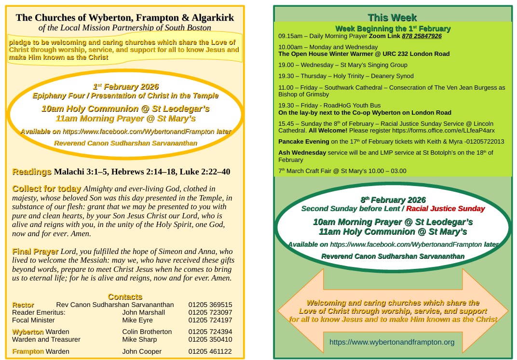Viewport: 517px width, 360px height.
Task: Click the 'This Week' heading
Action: point(392,18)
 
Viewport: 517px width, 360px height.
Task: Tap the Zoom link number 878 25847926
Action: point(422,36)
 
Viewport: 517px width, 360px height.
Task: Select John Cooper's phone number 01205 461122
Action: point(210,352)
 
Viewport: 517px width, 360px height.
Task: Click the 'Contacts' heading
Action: point(125,297)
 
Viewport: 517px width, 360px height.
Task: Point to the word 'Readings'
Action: point(32,172)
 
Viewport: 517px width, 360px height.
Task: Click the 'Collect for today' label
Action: point(47,189)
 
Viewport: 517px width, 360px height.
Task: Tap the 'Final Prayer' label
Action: point(35,252)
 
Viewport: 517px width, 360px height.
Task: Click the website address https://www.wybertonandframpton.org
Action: point(392,342)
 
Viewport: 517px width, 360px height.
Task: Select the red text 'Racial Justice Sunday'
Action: point(445,209)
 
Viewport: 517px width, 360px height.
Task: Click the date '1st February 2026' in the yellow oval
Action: point(125,87)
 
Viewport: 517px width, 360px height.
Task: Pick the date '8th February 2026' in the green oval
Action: point(393,200)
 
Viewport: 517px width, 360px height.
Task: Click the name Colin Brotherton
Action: point(147,332)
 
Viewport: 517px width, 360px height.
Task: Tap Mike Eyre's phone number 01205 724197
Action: point(210,320)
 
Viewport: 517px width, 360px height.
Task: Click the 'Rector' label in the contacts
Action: point(23,305)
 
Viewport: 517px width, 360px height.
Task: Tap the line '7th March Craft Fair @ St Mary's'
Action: point(342,171)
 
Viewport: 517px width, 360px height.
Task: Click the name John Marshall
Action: point(143,312)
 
